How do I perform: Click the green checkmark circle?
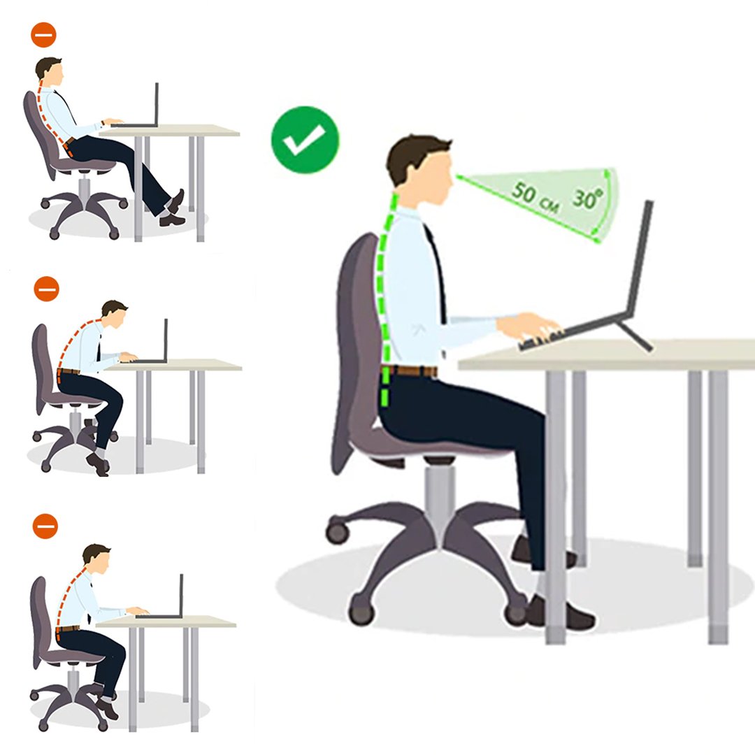pos(305,140)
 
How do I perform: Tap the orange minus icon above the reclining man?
pos(43,35)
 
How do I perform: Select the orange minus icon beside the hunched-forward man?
pos(46,289)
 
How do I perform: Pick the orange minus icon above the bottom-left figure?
pos(45,526)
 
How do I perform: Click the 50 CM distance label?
pos(535,197)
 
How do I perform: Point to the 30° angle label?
pos(588,198)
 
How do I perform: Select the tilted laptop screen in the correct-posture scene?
pos(640,256)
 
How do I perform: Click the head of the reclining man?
pos(50,72)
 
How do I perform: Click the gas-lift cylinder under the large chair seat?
pos(439,496)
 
